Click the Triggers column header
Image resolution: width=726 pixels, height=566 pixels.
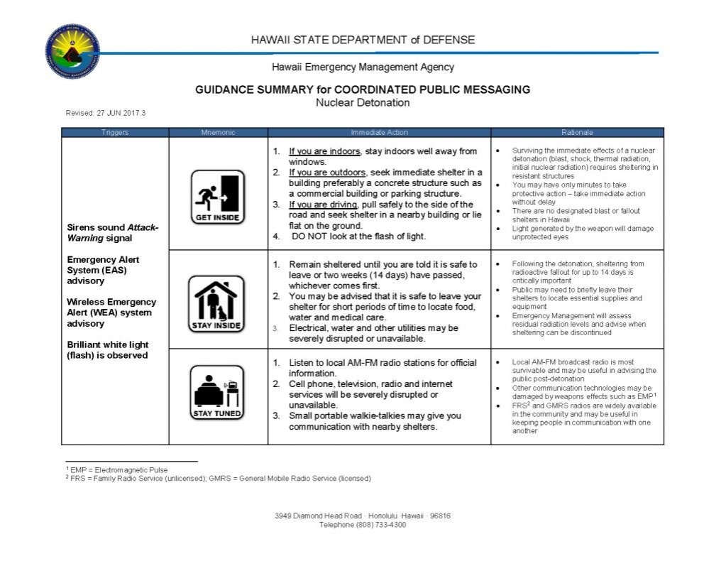click(114, 133)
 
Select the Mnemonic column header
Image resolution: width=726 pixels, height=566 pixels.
click(217, 133)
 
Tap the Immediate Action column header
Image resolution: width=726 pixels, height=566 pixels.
click(379, 133)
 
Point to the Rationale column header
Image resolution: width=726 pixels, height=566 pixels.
click(576, 133)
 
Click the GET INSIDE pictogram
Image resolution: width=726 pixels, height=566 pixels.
click(217, 197)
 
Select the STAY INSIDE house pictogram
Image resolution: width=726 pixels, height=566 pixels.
click(217, 304)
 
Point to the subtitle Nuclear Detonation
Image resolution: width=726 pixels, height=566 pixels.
click(363, 103)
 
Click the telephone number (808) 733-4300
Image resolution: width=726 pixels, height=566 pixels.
click(363, 525)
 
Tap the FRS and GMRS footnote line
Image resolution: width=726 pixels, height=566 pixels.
click(218, 479)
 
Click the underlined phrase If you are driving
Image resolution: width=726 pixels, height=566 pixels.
click(323, 205)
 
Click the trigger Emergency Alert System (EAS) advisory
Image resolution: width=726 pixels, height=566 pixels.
click(104, 270)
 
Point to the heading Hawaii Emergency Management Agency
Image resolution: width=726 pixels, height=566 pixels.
click(363, 67)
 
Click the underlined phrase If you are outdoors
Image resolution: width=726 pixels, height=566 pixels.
click(327, 173)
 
